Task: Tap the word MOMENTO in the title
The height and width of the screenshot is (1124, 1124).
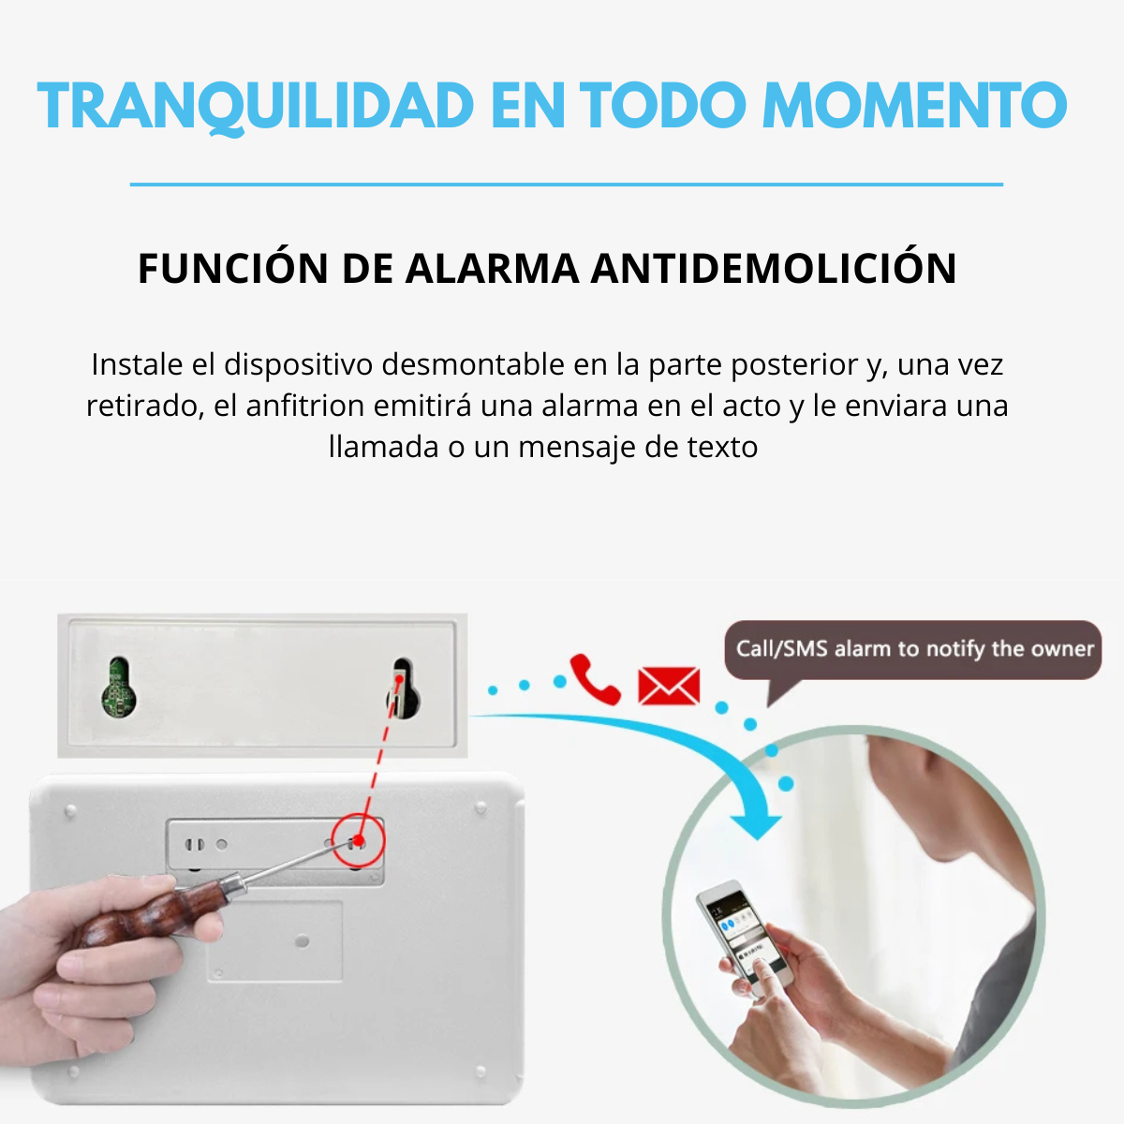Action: tap(914, 105)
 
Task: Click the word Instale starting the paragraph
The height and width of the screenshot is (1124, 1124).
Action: tap(137, 364)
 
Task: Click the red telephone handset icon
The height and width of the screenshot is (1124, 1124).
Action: tap(595, 679)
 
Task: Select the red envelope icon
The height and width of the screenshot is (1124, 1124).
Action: tap(669, 686)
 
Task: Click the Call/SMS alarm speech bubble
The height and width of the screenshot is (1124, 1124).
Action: tap(912, 650)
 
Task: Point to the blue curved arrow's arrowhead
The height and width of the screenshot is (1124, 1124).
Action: tap(756, 821)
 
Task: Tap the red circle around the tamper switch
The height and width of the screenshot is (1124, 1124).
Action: tap(359, 840)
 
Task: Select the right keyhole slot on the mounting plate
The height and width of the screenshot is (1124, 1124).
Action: tap(403, 688)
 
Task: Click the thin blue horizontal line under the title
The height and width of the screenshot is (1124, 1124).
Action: tap(566, 185)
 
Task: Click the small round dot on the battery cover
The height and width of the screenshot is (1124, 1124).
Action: tap(303, 940)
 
